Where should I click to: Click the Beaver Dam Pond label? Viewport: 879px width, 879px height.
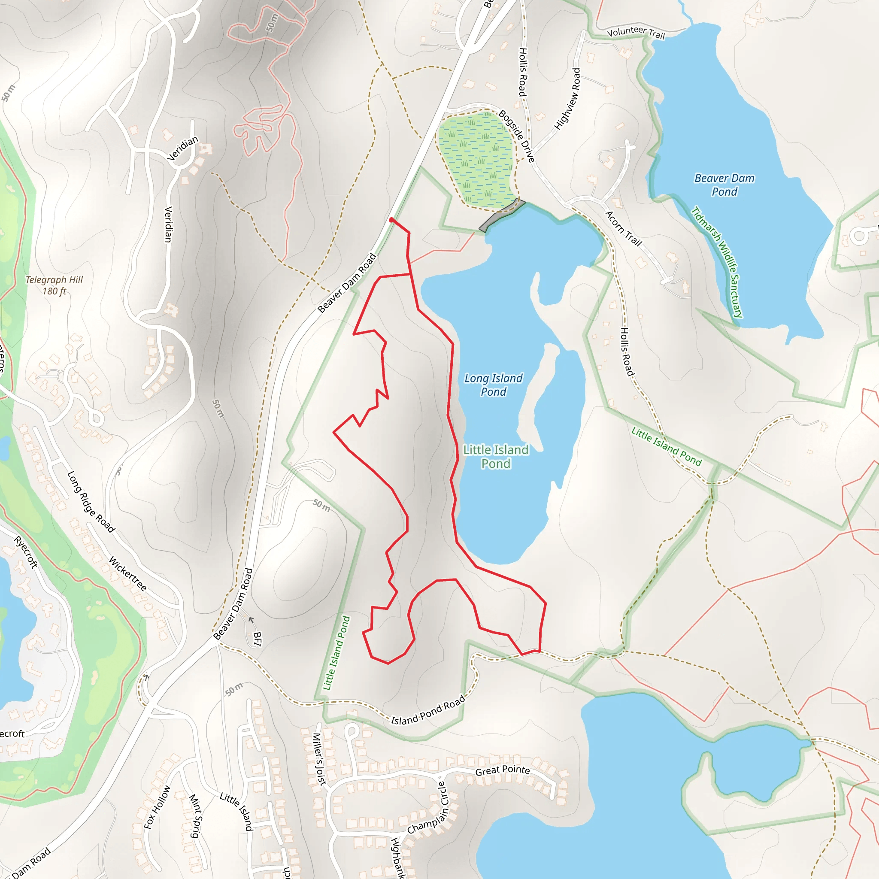(724, 185)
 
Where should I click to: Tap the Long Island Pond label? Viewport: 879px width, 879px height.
(493, 385)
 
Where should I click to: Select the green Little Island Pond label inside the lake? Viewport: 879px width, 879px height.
(495, 456)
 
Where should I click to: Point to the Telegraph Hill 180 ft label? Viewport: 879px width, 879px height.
(54, 285)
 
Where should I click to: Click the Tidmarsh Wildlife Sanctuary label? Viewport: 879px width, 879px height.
(717, 262)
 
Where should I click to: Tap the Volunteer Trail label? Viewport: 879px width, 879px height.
(636, 32)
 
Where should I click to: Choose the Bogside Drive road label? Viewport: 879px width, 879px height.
(516, 136)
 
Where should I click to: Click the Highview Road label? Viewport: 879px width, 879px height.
(568, 99)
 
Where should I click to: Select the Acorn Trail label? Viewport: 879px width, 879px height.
(623, 229)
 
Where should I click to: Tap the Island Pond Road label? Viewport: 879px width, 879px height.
(428, 710)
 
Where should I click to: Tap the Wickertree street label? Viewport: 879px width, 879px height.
(128, 574)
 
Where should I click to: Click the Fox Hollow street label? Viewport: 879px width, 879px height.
(157, 807)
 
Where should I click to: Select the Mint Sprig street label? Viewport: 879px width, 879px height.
(195, 816)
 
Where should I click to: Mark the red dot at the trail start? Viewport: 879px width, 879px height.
(391, 220)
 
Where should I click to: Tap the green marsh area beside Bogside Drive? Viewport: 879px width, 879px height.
(476, 157)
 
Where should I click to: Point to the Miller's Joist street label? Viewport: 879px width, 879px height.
(319, 759)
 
